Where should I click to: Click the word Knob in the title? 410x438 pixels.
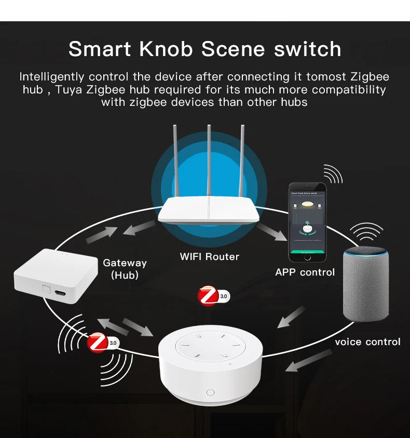click(167, 49)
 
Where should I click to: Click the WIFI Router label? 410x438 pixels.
click(209, 256)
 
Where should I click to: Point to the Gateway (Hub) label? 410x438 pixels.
click(125, 269)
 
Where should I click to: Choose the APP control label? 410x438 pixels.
click(305, 272)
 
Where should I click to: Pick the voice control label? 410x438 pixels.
click(367, 341)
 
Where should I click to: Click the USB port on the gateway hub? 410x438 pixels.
click(60, 294)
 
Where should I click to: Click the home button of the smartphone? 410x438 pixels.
click(308, 257)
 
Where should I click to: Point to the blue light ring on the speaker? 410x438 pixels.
click(366, 250)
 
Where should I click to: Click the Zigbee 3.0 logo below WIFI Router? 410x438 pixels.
click(210, 296)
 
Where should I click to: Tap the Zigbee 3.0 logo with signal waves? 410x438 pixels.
click(99, 343)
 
